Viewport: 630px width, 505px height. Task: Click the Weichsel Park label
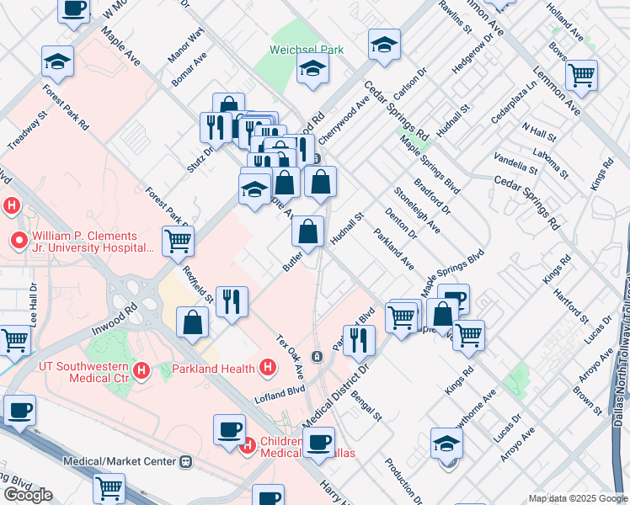[x=307, y=50]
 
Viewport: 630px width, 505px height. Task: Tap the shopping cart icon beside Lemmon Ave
[x=581, y=75]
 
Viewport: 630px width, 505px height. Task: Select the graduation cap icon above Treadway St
[x=57, y=60]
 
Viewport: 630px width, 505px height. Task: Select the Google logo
[x=28, y=495]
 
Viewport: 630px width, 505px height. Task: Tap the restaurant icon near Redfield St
[x=232, y=300]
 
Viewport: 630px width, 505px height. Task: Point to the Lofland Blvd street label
[x=281, y=391]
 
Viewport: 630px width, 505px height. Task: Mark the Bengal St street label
[x=367, y=405]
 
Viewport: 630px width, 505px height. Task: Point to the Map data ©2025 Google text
[x=577, y=497]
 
